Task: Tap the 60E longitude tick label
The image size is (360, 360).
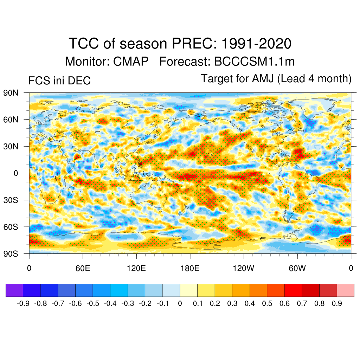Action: pos(83,269)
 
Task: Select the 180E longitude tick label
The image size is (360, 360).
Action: pos(190,269)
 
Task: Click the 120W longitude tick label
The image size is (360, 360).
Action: pos(243,269)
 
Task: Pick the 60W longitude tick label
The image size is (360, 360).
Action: pos(297,269)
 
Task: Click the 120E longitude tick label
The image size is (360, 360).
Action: pos(136,269)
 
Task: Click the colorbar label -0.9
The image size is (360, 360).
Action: pos(23,303)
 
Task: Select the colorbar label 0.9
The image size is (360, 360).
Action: pos(337,303)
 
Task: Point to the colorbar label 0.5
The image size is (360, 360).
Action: pos(267,303)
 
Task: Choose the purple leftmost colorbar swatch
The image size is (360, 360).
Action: pos(14,290)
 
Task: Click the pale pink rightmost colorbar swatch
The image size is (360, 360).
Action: pos(345,290)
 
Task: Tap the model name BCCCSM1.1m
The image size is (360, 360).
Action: pos(254,62)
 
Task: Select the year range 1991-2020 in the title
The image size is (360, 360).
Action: pos(257,44)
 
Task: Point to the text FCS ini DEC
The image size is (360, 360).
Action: pos(59,81)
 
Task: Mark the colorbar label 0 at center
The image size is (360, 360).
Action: pos(180,303)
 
